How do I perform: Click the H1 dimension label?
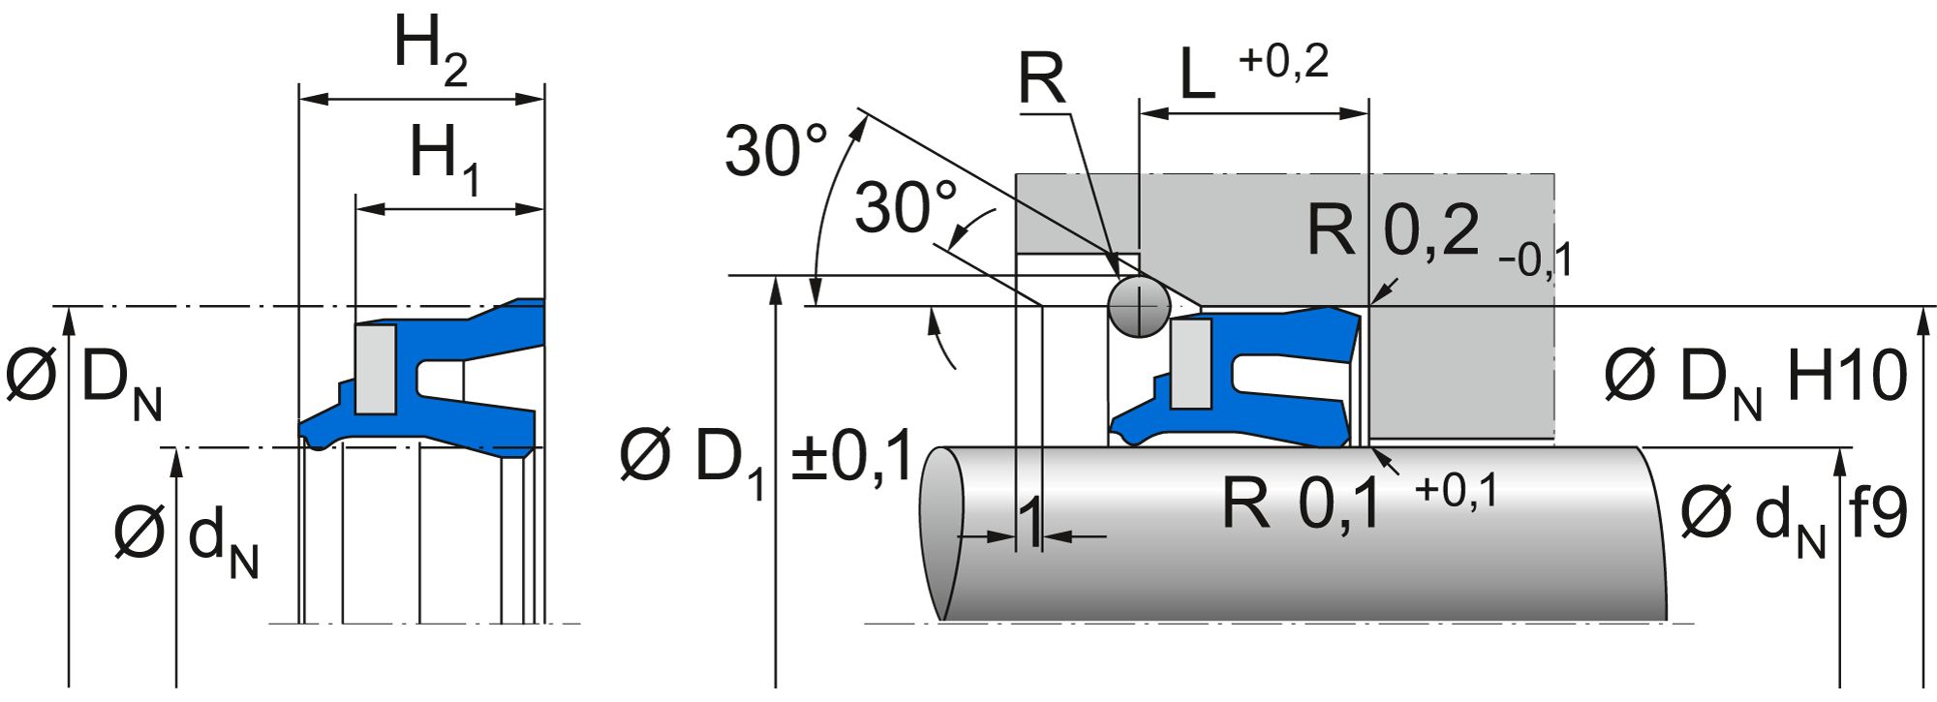[445, 158]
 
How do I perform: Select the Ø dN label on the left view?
[186, 538]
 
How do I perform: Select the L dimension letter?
[1197, 76]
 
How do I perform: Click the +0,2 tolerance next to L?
[1283, 62]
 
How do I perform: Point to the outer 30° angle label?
[776, 151]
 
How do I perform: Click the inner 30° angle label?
[906, 207]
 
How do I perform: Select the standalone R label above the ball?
[1041, 79]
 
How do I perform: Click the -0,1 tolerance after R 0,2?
[1534, 260]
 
